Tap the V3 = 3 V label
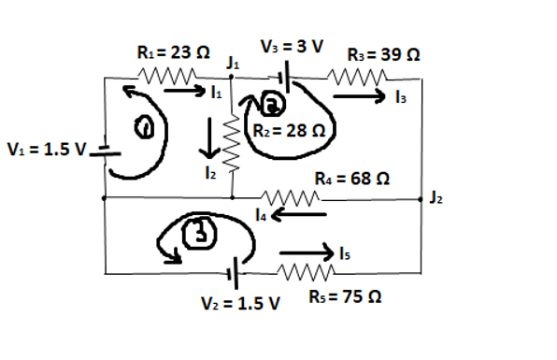(290, 45)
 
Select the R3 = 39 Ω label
(382, 55)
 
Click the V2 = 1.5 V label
(242, 304)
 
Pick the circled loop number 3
(195, 234)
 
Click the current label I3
(400, 96)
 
